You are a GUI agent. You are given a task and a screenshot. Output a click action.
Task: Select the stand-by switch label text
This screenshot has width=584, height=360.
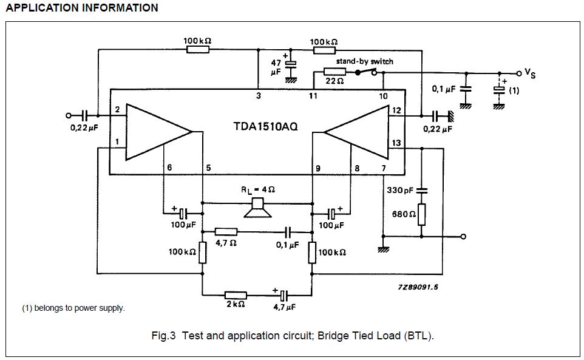pos(365,61)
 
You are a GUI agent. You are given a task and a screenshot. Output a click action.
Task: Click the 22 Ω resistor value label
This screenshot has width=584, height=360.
pos(334,81)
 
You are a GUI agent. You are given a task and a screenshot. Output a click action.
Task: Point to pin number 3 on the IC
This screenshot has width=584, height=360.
pos(258,96)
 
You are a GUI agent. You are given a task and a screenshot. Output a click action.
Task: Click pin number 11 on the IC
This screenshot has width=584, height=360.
pos(313,96)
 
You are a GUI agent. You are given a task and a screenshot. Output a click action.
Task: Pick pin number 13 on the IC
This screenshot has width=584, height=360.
pos(396,143)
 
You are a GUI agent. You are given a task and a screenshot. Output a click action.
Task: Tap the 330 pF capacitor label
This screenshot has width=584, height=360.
pos(400,190)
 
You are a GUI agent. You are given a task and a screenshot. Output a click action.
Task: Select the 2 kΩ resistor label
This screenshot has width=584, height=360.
pos(236,304)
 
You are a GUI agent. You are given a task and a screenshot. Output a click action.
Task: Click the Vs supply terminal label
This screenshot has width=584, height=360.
pos(530,73)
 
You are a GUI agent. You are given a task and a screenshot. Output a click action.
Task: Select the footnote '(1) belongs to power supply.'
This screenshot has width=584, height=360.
pos(73,308)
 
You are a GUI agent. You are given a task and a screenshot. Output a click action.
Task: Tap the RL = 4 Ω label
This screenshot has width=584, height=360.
pos(258,189)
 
